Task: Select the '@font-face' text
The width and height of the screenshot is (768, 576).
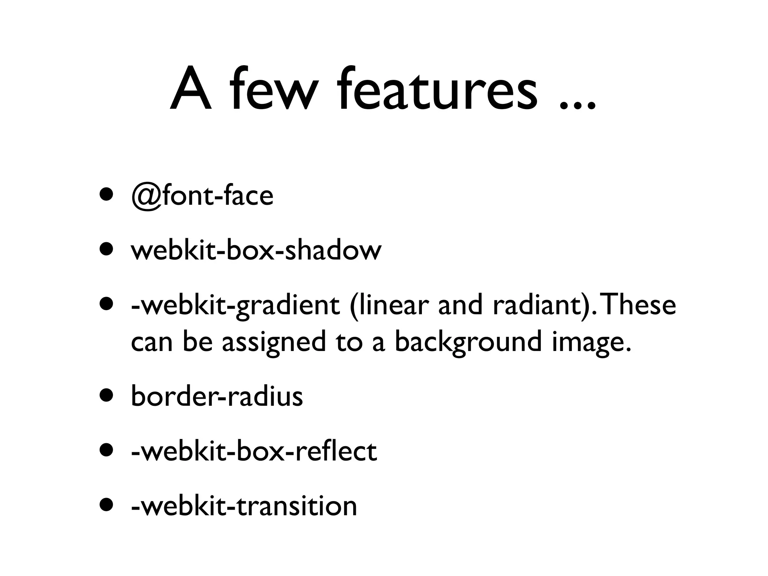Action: [202, 196]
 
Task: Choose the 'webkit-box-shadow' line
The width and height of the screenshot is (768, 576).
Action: [256, 250]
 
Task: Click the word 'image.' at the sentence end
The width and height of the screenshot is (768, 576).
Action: [592, 342]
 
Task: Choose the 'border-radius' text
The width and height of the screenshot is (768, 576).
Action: [217, 396]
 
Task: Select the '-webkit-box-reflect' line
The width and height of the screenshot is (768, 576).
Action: [254, 451]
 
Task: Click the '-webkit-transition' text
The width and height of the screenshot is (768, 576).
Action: [244, 506]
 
